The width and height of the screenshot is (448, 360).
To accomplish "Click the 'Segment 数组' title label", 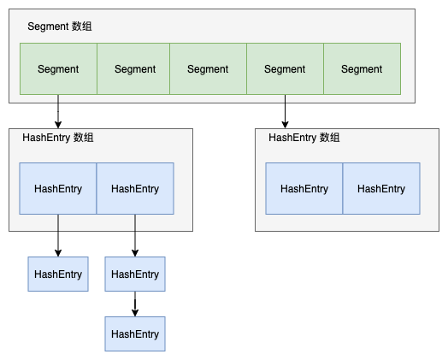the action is [x=60, y=27].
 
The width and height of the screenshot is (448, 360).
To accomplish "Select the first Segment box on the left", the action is [x=58, y=69].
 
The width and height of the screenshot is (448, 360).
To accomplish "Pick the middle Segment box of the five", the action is [x=208, y=69].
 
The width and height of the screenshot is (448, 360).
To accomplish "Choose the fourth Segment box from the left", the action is [x=285, y=69].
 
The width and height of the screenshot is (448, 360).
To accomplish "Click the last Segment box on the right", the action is [x=362, y=69].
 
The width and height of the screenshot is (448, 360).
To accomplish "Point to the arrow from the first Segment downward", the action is [x=58, y=111].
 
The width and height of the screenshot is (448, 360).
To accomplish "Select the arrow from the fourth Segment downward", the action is [x=285, y=111].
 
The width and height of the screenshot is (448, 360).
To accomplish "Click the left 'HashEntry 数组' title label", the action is [x=58, y=138].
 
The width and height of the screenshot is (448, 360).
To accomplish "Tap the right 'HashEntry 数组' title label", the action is [x=304, y=138].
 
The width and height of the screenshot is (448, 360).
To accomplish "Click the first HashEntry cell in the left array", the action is [x=58, y=189].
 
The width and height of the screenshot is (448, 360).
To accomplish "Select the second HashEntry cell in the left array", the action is [x=135, y=189].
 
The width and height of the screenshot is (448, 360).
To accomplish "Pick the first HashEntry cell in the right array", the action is [x=304, y=189].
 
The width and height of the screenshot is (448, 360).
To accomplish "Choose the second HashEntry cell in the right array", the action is [x=381, y=189].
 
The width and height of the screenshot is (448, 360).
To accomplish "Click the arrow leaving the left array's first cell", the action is [x=58, y=235].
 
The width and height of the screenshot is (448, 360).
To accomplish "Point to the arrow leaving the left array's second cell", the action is [x=135, y=235].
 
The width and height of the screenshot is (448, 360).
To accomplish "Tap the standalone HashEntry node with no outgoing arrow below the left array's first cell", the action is [x=58, y=274].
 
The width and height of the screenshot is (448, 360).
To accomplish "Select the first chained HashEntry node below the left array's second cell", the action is [x=135, y=274].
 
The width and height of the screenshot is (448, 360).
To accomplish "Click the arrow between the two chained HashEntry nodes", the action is [x=135, y=304].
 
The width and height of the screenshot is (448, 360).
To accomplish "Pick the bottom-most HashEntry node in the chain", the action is [x=135, y=333].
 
